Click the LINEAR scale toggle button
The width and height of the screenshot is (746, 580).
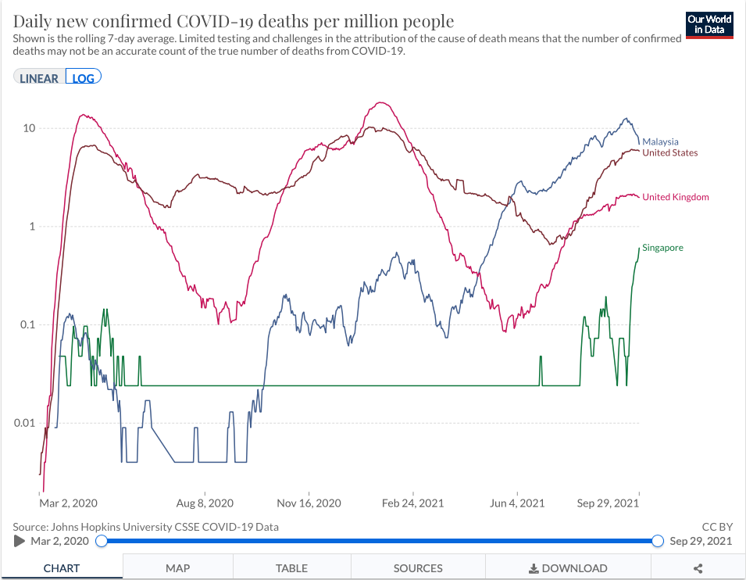tap(39, 78)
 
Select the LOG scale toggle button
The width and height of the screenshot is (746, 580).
tap(84, 78)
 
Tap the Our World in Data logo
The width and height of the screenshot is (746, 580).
tap(709, 24)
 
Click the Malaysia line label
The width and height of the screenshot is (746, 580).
tap(660, 142)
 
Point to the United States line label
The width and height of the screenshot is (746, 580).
tap(669, 153)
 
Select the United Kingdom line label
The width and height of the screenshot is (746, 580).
tap(675, 197)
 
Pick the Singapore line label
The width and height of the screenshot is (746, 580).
tap(662, 248)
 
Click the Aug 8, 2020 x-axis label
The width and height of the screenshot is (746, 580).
tap(205, 503)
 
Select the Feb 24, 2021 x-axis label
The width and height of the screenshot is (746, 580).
tap(413, 503)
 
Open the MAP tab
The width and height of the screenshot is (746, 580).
tap(179, 568)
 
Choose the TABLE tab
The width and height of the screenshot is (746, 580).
tap(292, 568)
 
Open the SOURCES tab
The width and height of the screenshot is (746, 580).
tap(418, 568)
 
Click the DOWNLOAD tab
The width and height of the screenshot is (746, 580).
tap(568, 568)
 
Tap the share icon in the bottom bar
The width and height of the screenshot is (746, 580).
tap(698, 568)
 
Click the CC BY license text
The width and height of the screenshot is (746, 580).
tap(717, 527)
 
